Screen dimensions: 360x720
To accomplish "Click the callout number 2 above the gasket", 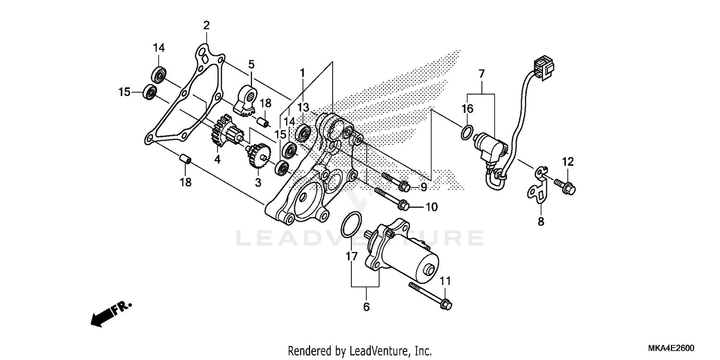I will (x=206, y=25).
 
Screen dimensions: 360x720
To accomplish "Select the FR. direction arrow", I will (x=110, y=314).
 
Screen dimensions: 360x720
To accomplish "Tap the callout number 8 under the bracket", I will (x=541, y=222).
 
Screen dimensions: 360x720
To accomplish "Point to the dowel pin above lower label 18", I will (x=186, y=159).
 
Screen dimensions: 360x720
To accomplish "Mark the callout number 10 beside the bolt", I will (x=431, y=207).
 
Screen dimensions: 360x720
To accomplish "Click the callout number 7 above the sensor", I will (x=481, y=74).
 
